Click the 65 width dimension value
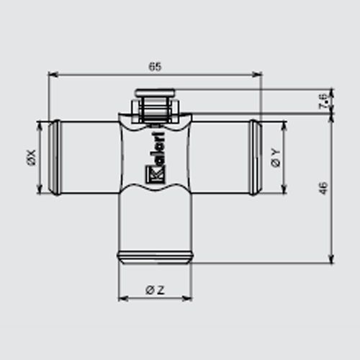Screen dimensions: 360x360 [155, 66]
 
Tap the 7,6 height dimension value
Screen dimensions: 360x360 [324, 102]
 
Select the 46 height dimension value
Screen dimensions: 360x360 [324, 188]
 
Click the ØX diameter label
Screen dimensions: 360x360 [32, 158]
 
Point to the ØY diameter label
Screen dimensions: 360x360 [276, 158]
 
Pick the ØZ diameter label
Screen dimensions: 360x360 [155, 290]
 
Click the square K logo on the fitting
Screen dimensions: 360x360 [155, 174]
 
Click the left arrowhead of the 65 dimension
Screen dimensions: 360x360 [53, 75]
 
